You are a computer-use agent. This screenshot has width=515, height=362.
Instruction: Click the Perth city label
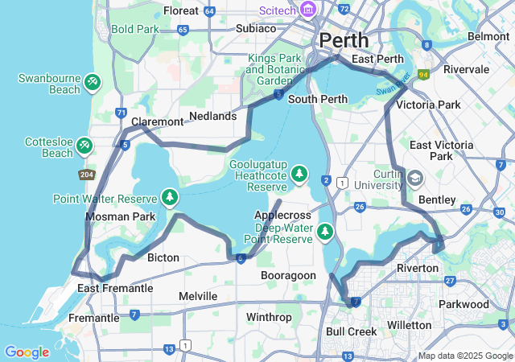[344, 39]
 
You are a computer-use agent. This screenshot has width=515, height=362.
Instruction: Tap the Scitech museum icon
[307, 10]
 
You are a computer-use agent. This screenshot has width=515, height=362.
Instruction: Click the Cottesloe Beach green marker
[84, 146]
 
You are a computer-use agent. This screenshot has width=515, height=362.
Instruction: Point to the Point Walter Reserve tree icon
[170, 197]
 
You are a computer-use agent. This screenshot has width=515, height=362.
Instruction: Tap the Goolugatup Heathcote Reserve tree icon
[299, 173]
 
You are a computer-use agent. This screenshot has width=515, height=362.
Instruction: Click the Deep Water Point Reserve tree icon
[324, 232]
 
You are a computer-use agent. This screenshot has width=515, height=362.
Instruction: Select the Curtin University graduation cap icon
[415, 178]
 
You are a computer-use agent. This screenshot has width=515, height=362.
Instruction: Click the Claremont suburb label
[157, 121]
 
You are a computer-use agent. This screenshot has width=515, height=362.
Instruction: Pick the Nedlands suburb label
[212, 116]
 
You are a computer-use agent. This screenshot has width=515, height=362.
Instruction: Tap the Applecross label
[282, 216]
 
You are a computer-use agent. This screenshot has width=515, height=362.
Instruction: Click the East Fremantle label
[115, 288]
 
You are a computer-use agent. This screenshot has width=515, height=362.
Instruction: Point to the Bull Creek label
[352, 331]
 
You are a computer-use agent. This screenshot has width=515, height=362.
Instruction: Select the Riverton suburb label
[418, 267]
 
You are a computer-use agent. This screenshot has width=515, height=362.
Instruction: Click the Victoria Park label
[428, 105]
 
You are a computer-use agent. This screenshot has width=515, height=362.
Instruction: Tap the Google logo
[27, 352]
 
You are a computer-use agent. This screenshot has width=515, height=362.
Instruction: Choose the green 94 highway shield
[422, 74]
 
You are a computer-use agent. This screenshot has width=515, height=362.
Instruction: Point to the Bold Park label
[135, 30]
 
